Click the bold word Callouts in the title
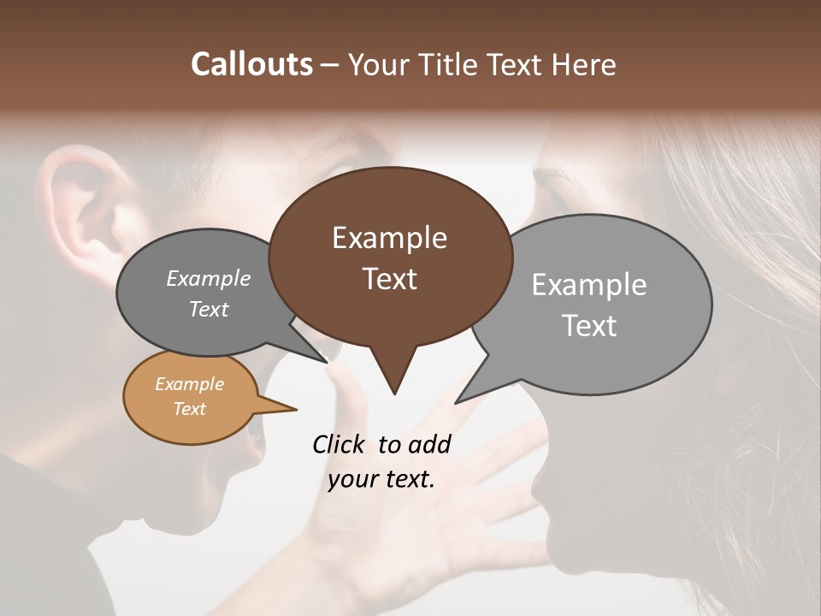pyautogui.click(x=251, y=64)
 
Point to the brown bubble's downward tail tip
pyautogui.click(x=394, y=393)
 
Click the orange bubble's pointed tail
pyautogui.click(x=291, y=409)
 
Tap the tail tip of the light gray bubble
pyautogui.click(x=458, y=400)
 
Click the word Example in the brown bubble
pyautogui.click(x=389, y=238)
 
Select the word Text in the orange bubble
pyautogui.click(x=190, y=409)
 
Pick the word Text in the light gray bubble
pyautogui.click(x=589, y=326)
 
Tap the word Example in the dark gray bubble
pyautogui.click(x=209, y=279)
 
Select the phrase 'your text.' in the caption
pyautogui.click(x=381, y=479)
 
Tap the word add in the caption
pyautogui.click(x=429, y=444)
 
